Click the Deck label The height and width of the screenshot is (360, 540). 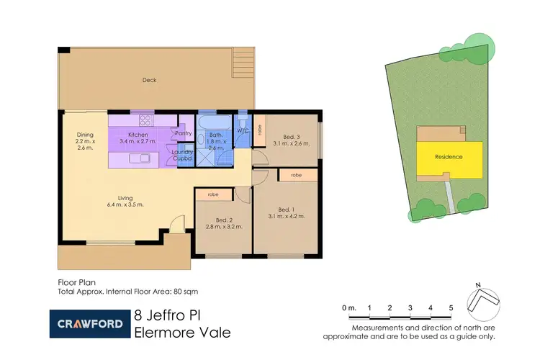(149, 80)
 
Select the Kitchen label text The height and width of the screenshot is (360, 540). (138, 135)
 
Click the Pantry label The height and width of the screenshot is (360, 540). (183, 133)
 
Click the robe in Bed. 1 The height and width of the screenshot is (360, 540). (295, 175)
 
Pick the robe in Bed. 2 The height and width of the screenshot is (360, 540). (213, 194)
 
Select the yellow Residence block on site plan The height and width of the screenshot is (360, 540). (448, 157)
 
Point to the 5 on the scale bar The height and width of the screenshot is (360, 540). (451, 308)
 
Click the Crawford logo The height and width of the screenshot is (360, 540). (89, 324)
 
